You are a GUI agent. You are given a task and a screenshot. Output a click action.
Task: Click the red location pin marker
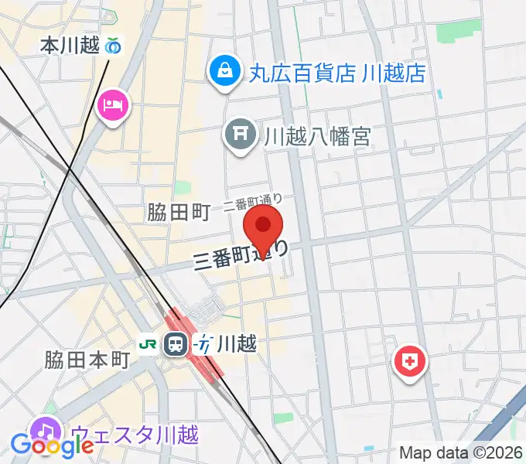(x=264, y=227)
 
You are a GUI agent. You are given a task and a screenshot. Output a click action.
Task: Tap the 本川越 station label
(x=70, y=46)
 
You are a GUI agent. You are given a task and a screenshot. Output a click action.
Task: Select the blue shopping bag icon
(x=224, y=72)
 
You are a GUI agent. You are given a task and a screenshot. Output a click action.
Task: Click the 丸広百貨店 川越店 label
(x=337, y=73)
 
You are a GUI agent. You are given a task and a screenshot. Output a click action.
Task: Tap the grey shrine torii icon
(x=240, y=136)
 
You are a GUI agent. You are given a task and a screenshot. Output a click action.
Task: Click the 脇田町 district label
(x=178, y=212)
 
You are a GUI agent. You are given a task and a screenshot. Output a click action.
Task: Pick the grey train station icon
(x=177, y=343)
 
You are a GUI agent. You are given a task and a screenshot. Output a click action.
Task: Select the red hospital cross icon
(x=410, y=360)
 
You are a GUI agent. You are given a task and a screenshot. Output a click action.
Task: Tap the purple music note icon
(x=46, y=431)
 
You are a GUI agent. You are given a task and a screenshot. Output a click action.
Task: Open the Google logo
(x=51, y=445)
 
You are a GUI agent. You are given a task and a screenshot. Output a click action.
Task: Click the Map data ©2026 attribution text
(x=461, y=452)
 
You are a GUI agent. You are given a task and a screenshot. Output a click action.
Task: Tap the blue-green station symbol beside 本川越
(x=114, y=46)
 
